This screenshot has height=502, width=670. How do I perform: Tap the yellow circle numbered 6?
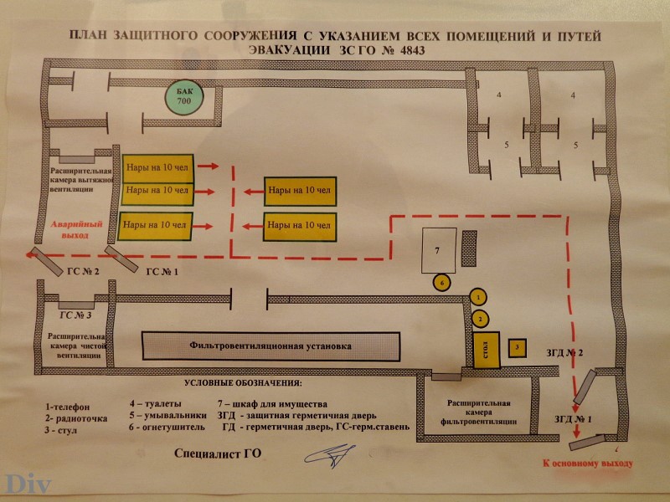[442, 282]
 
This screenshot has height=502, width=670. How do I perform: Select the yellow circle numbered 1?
[478, 297]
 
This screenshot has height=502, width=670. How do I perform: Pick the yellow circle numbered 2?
[480, 319]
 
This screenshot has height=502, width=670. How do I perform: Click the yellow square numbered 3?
[517, 348]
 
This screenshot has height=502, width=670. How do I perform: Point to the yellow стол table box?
[487, 350]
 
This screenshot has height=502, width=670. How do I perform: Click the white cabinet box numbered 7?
[438, 250]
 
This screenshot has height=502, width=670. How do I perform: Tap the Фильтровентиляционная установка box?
[271, 346]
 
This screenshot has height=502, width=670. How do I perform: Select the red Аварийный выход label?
[76, 229]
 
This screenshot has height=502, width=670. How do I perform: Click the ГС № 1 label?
[162, 272]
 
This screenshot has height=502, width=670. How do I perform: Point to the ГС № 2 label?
[83, 271]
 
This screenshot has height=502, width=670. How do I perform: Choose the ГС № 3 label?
[75, 315]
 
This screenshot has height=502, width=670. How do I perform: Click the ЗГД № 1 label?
[573, 419]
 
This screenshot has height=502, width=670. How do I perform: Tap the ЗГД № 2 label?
[564, 352]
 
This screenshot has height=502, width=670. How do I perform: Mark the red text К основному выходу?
[588, 464]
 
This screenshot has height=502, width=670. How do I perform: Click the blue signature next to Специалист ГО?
[329, 456]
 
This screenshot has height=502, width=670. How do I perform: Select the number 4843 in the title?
[413, 50]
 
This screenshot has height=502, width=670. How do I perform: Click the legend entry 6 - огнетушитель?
[167, 427]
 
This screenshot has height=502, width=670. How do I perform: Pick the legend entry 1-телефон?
[68, 407]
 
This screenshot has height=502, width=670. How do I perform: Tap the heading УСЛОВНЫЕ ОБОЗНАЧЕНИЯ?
[243, 383]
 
